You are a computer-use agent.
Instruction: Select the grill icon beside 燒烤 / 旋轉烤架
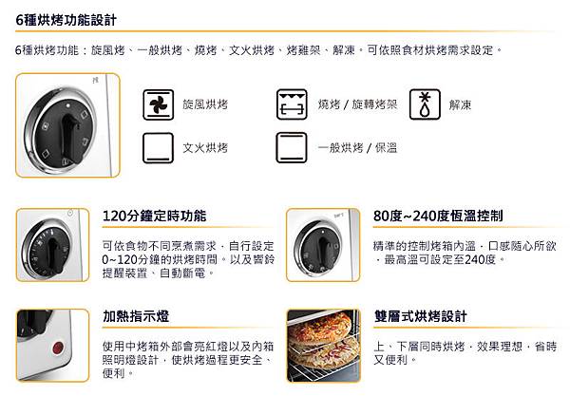[289, 104]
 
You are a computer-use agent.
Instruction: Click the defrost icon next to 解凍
[424, 104]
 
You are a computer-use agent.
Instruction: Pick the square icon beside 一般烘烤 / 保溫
[289, 148]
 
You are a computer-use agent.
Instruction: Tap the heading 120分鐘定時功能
[154, 217]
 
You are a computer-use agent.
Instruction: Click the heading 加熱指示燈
[138, 315]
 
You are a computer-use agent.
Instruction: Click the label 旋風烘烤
[206, 104]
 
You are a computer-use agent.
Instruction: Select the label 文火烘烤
[206, 148]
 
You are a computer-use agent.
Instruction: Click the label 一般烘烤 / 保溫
[360, 148]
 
